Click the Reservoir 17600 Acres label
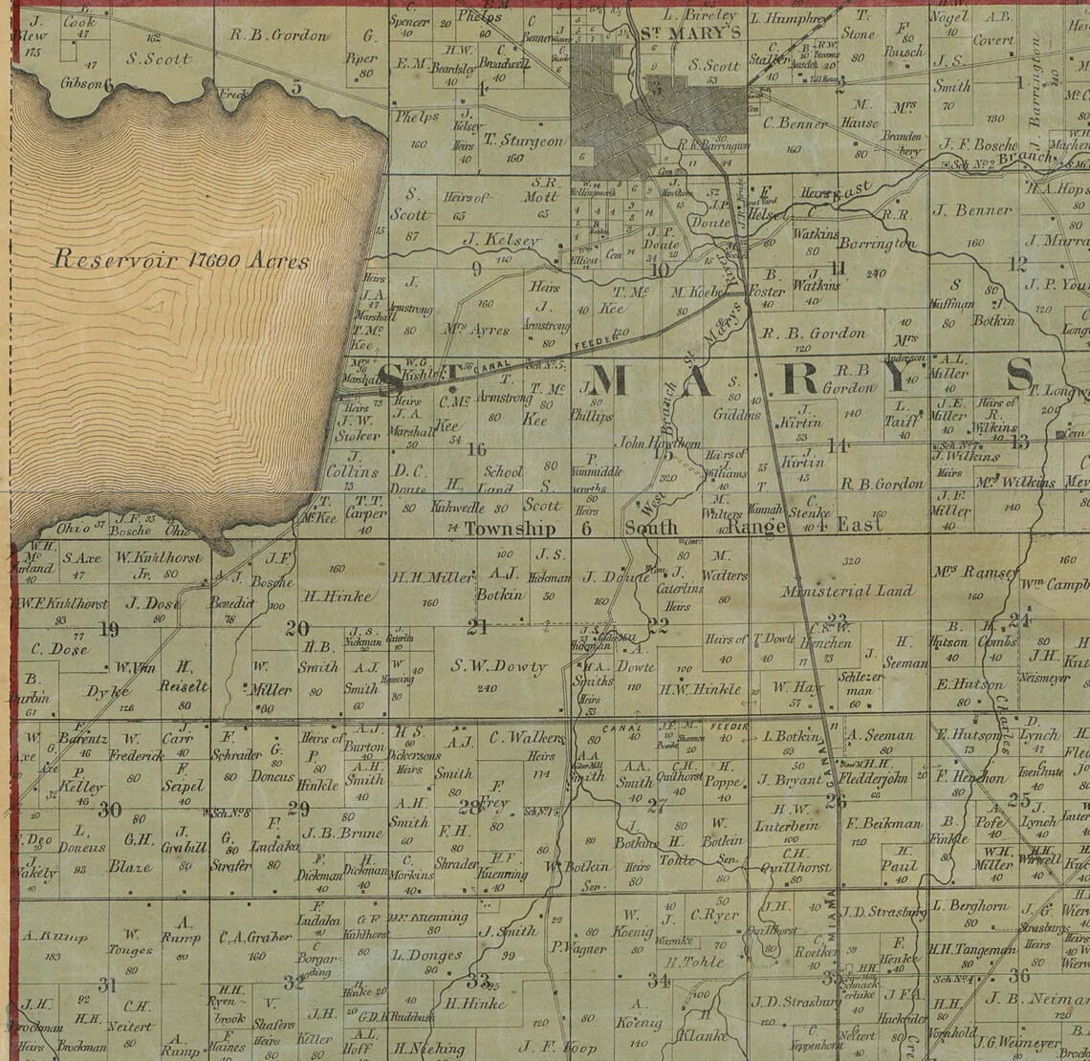tap(181, 259)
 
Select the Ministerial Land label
tap(848, 592)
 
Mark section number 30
tap(110, 810)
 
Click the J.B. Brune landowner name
tap(329, 832)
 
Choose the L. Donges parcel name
tap(427, 955)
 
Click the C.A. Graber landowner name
tap(254, 937)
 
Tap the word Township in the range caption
tap(510, 529)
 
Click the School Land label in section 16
tap(503, 479)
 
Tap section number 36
tap(1019, 975)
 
